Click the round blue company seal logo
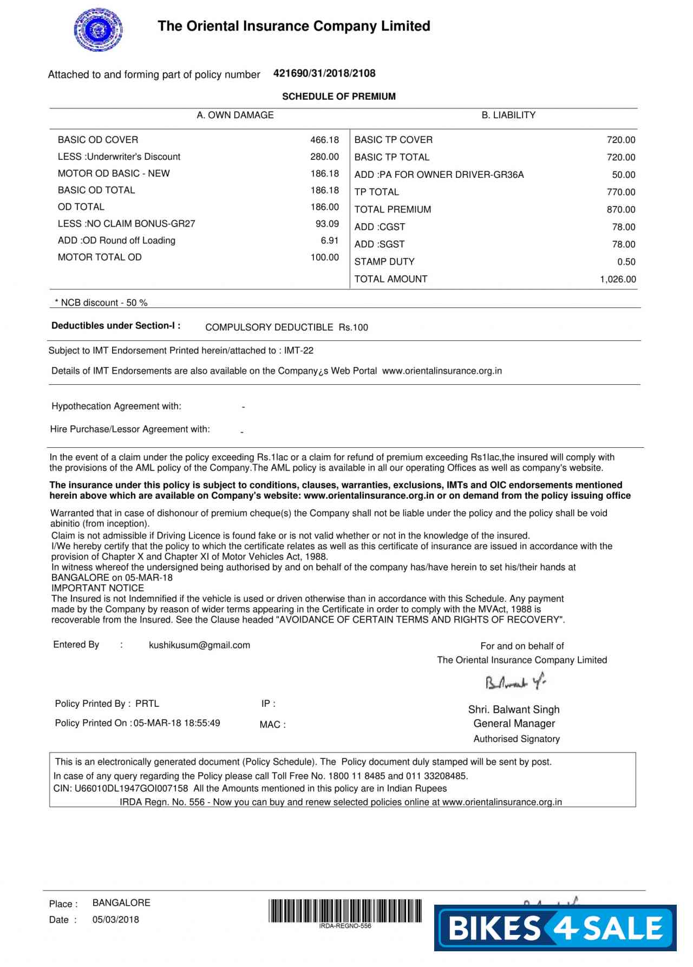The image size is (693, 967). point(98,30)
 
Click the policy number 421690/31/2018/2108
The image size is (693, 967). point(324,73)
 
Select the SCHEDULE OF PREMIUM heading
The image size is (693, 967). point(338,96)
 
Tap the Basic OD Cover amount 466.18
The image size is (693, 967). point(324,140)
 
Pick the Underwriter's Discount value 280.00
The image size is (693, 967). point(324,157)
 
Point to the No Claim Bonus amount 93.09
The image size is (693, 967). point(327,223)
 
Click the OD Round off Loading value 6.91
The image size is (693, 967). point(329,240)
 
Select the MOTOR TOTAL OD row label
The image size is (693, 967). point(100,257)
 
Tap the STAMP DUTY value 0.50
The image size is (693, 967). point(626,262)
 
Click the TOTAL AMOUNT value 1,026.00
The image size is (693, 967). point(618,279)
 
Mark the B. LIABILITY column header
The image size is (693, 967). point(508,115)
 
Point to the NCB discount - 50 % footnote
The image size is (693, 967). point(101,302)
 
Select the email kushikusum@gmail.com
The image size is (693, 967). point(199,645)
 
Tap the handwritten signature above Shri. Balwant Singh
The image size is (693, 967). point(515,682)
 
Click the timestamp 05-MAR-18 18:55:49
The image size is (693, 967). point(177,723)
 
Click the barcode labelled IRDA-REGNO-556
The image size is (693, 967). point(345,911)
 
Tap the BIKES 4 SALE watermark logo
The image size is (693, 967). point(555,928)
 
